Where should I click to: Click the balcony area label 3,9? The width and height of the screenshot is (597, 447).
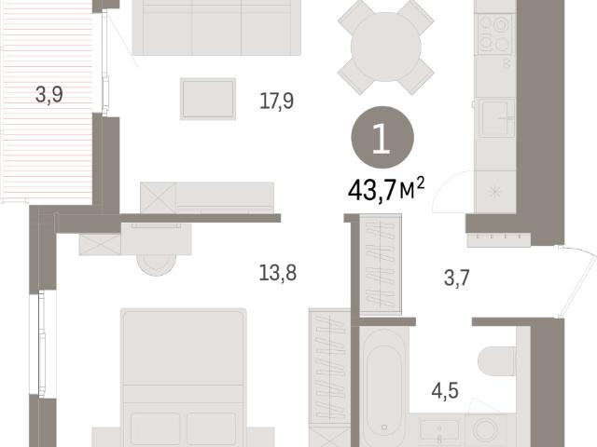[x=49, y=95]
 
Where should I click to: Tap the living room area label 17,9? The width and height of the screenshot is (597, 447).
[x=276, y=102]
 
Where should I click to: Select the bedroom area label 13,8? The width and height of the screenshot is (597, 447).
[x=278, y=273]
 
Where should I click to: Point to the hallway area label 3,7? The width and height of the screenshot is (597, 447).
[x=456, y=278]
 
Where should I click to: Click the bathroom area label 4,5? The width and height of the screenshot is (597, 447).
[x=445, y=391]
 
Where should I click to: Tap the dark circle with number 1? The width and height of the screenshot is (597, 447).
[x=382, y=138]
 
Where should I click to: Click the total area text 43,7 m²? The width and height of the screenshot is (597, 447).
[x=386, y=189]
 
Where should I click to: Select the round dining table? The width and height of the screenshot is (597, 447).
[x=385, y=47]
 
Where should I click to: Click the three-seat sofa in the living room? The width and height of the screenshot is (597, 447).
[x=216, y=27]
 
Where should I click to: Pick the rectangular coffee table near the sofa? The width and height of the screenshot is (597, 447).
[x=208, y=99]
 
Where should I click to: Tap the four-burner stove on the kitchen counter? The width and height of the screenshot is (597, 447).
[x=494, y=34]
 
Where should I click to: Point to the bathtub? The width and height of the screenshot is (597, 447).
[x=383, y=387]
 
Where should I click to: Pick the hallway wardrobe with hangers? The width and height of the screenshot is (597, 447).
[x=381, y=264]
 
